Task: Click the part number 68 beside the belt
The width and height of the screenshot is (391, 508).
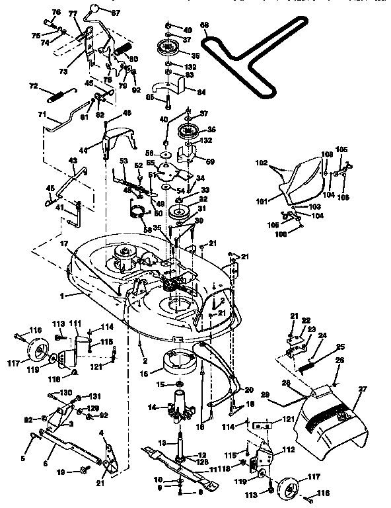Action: [204, 26]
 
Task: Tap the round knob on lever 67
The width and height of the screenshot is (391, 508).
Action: [98, 9]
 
